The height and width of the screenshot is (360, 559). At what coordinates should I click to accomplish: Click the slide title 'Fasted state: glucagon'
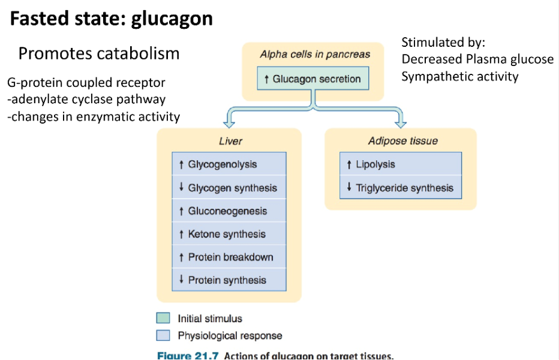112,19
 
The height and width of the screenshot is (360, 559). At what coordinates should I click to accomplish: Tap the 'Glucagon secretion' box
312,79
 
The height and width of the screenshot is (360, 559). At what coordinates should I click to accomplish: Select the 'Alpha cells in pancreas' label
315,54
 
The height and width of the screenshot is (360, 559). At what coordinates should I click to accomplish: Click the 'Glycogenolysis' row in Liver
229,164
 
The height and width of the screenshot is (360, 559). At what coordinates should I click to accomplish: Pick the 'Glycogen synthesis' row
229,188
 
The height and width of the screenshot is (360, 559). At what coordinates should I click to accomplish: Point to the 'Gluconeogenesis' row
229,211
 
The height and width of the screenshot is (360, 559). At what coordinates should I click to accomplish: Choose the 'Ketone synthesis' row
229,234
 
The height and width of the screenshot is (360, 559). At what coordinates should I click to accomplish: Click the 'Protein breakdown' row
229,257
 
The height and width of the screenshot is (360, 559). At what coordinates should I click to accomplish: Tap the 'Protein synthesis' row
229,280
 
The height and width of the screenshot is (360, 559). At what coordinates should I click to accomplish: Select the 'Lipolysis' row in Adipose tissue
401,164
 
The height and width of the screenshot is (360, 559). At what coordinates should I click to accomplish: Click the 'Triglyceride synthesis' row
401,188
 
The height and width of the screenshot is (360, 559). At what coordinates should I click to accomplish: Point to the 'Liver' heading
230,142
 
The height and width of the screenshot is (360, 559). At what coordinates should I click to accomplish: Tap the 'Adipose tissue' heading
402,141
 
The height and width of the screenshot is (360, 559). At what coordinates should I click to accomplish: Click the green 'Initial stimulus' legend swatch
163,319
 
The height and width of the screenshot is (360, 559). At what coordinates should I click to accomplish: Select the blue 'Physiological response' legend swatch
163,335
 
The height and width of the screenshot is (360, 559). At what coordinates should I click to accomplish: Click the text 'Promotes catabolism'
99,53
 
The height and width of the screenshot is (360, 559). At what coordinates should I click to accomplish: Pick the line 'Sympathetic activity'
460,76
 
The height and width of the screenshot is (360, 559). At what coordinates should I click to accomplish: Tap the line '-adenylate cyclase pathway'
86,100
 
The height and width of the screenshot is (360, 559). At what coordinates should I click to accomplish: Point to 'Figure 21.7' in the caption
187,356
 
